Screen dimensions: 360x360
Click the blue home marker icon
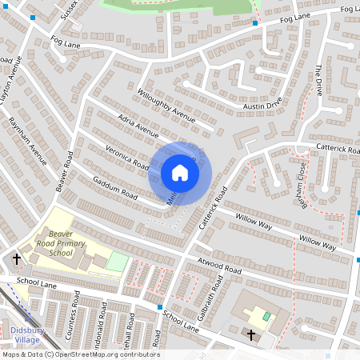pyautogui.click(x=180, y=172)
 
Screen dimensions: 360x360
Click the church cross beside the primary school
pyautogui.click(x=17, y=258)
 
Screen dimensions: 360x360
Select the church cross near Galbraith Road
pyautogui.click(x=251, y=334)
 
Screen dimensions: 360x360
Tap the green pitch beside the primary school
pyautogui.click(x=117, y=262)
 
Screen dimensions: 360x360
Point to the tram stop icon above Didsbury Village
pyautogui.click(x=27, y=319)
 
